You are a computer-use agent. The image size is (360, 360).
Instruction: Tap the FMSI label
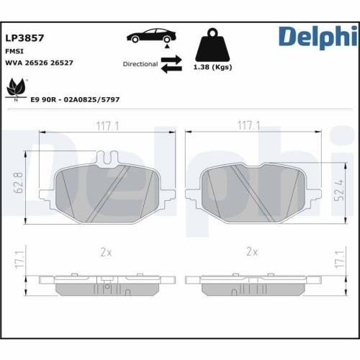14,51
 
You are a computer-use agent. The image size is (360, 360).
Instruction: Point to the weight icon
212,45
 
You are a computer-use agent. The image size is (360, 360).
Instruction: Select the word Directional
140,64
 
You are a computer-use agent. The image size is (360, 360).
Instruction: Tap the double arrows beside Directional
171,66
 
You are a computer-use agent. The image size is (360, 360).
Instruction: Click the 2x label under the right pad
251,251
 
